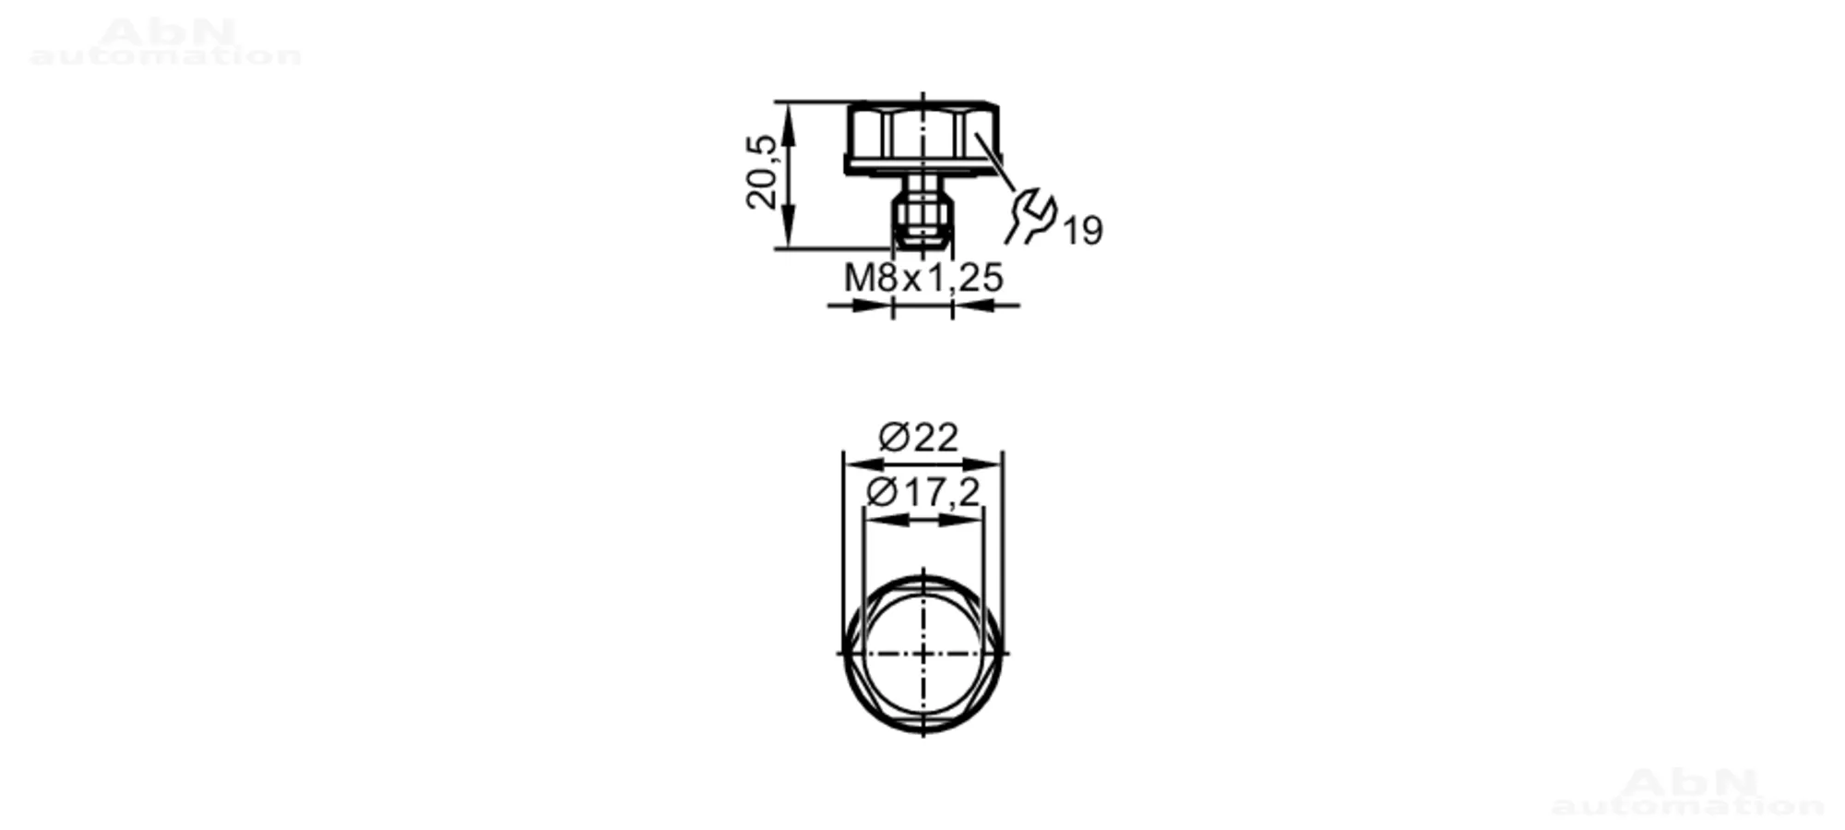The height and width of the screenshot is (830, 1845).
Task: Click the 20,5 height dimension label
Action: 763,172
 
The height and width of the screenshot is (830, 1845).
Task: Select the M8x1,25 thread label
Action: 923,277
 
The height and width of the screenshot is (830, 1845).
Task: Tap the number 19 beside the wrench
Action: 1082,231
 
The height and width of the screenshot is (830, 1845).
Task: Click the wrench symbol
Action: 1031,216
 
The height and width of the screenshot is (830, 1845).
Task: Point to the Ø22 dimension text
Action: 919,437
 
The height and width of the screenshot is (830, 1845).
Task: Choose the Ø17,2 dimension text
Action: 922,493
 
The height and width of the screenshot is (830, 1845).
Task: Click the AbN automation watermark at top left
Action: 166,42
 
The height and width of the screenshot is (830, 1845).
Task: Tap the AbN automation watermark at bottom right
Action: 1688,792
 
